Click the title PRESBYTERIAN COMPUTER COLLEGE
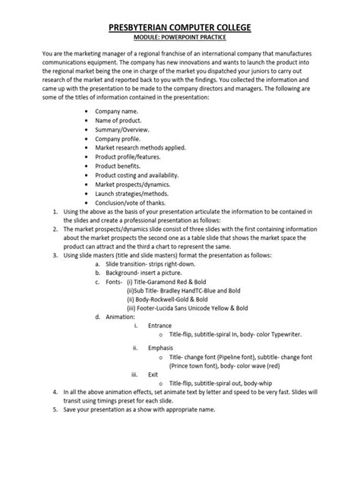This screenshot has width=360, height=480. coord(180,28)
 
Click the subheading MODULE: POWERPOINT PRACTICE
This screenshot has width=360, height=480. coord(180,39)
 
